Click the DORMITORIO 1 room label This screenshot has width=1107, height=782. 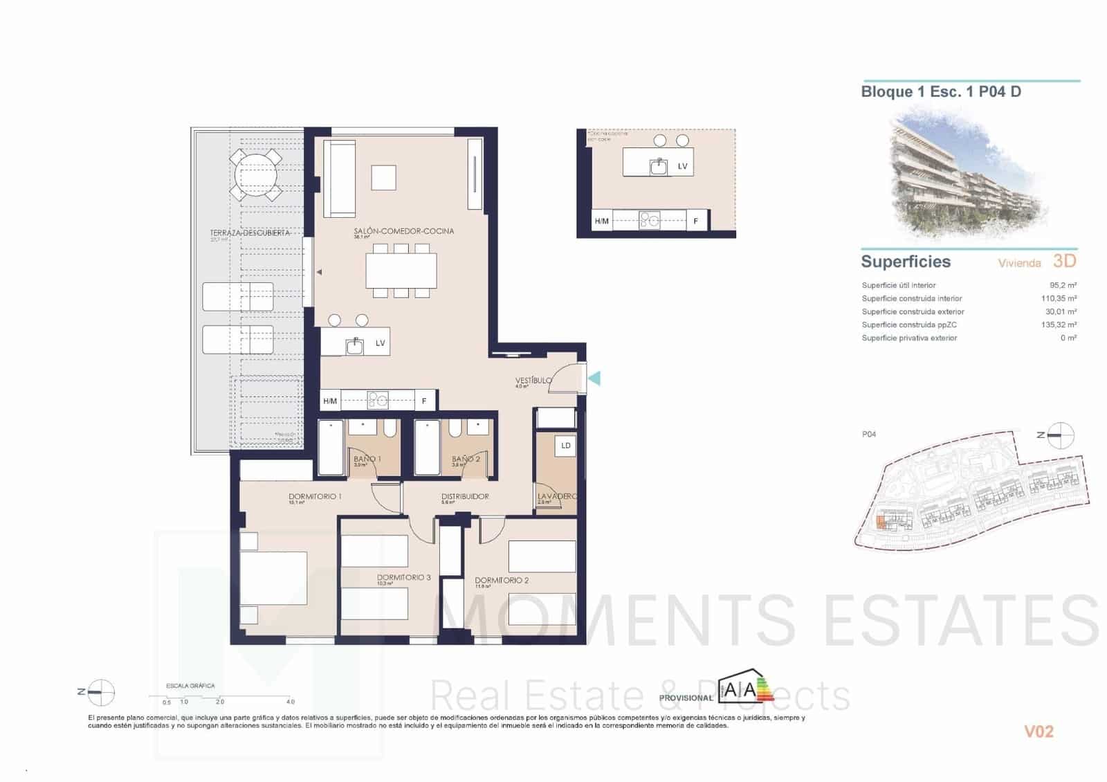pyautogui.click(x=315, y=496)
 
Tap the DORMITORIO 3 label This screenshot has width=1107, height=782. pyautogui.click(x=403, y=577)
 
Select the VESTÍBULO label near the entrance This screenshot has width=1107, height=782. pyautogui.click(x=533, y=381)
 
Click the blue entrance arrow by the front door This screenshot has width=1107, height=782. pyautogui.click(x=594, y=378)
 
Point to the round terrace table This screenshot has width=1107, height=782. pyautogui.click(x=256, y=176)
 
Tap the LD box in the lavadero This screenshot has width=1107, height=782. pyautogui.click(x=565, y=446)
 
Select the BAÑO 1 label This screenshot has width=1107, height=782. pyautogui.click(x=367, y=459)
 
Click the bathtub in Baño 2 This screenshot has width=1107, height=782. pyautogui.click(x=427, y=448)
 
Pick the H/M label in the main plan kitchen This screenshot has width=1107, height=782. pyautogui.click(x=330, y=401)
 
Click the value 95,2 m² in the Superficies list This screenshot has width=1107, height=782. pyautogui.click(x=1063, y=285)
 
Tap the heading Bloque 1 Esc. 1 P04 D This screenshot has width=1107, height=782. pyautogui.click(x=940, y=91)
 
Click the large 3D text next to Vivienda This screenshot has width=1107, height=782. pyautogui.click(x=1064, y=261)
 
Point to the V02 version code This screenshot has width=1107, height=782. pyautogui.click(x=1038, y=731)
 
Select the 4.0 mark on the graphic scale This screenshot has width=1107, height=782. pyautogui.click(x=291, y=702)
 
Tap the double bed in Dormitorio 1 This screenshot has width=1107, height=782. pyautogui.click(x=273, y=580)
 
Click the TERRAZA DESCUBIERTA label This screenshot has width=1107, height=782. pyautogui.click(x=249, y=233)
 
